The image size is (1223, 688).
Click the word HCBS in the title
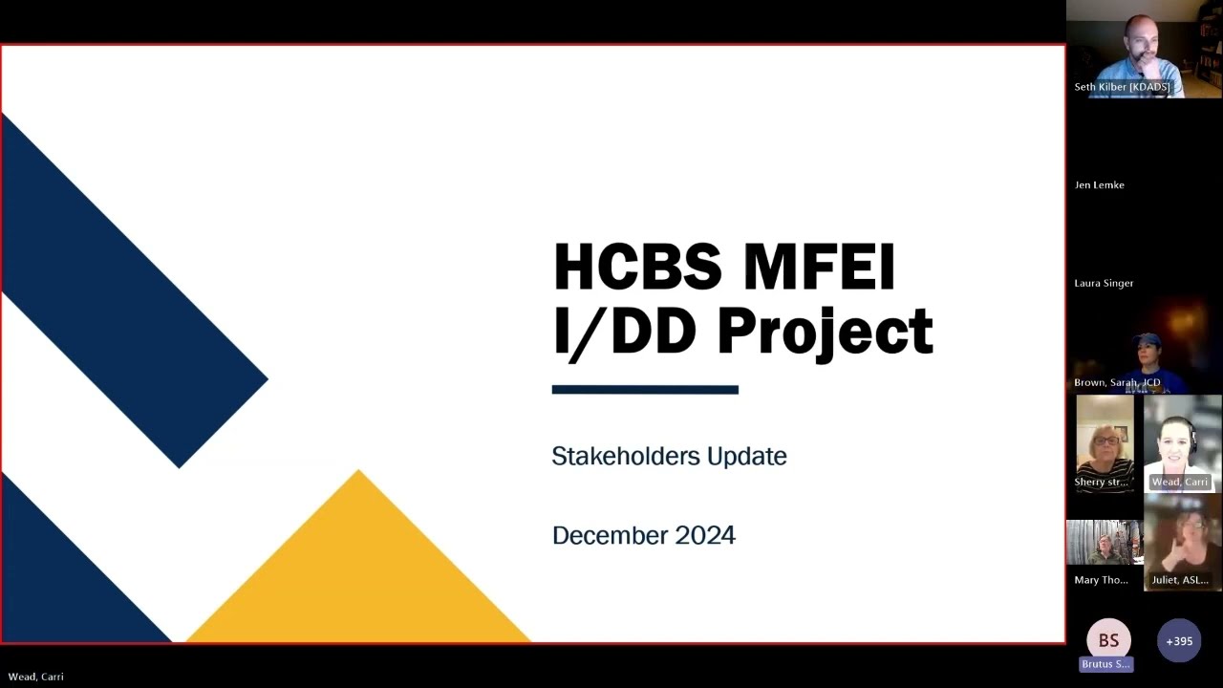pyautogui.click(x=638, y=267)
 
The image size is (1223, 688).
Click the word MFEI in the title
pyautogui.click(x=820, y=267)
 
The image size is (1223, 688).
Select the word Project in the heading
pyautogui.click(x=825, y=333)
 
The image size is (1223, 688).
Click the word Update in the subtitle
pyautogui.click(x=746, y=457)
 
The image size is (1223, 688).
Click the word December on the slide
pyautogui.click(x=610, y=535)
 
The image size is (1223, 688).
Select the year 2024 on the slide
pyautogui.click(x=705, y=535)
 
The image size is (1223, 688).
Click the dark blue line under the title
pyautogui.click(x=645, y=390)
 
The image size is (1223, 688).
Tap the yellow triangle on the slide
pyautogui.click(x=358, y=573)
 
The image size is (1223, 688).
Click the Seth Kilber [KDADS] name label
pyautogui.click(x=1122, y=87)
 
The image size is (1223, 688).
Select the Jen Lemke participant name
pyautogui.click(x=1099, y=185)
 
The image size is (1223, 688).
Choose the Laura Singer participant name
pyautogui.click(x=1104, y=284)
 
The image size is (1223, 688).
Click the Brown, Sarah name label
pyautogui.click(x=1117, y=382)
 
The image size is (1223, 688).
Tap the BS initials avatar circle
pyautogui.click(x=1108, y=640)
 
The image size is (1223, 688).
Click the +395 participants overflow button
pyautogui.click(x=1179, y=641)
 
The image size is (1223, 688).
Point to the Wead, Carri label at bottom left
pyautogui.click(x=36, y=677)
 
